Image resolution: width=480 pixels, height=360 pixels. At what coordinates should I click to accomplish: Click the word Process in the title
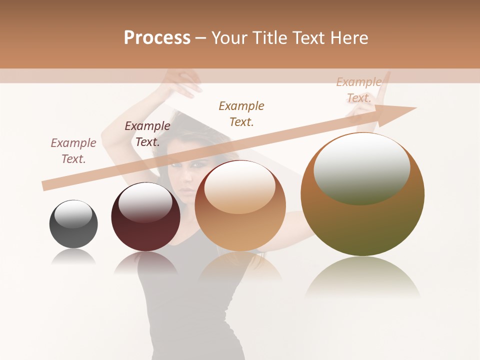157,38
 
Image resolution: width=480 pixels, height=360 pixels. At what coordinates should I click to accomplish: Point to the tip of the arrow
415,108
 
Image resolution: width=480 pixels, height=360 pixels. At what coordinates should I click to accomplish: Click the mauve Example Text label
73,151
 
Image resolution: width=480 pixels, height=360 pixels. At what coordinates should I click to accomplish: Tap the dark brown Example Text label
147,134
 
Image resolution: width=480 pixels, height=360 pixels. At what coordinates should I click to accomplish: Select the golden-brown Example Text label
241,113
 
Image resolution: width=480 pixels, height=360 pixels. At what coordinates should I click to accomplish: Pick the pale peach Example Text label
359,90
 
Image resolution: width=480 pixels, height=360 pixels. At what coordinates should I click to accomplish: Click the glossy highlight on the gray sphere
73,213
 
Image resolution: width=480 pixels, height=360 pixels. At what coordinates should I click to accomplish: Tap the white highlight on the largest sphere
361,167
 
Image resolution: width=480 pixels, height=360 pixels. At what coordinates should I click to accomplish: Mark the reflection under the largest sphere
362,277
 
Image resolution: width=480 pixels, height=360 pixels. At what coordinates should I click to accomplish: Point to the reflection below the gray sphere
73,257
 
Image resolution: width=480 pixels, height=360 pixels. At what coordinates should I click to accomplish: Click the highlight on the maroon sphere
145,201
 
